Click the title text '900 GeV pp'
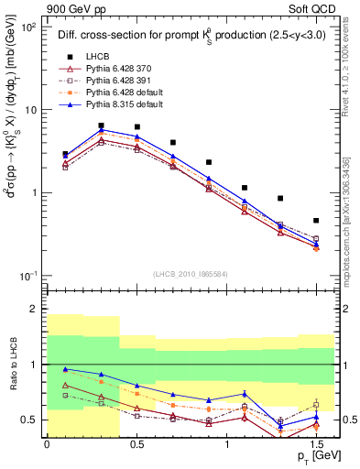point(73,7)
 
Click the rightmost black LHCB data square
point(316,221)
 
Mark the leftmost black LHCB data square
point(65,155)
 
